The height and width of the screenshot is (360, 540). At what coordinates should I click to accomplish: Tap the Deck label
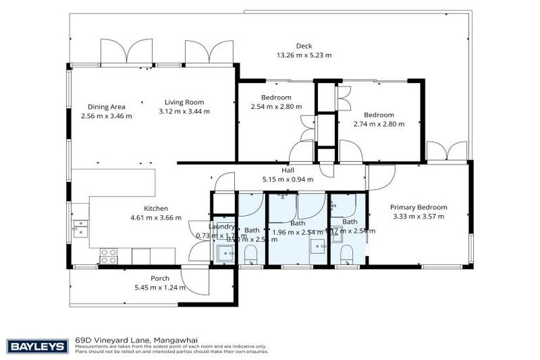(304, 46)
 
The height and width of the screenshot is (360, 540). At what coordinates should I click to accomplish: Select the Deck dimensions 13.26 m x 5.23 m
(304, 55)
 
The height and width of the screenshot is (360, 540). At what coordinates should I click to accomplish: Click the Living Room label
(184, 102)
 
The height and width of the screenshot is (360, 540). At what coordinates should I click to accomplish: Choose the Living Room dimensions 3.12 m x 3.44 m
(184, 111)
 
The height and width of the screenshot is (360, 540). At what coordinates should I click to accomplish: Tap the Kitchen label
(155, 208)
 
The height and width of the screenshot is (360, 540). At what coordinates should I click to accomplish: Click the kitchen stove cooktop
(108, 255)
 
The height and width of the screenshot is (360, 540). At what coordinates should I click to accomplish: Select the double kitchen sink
(81, 227)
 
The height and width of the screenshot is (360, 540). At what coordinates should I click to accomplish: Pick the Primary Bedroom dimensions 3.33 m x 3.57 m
(420, 217)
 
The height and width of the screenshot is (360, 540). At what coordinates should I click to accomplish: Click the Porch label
(160, 278)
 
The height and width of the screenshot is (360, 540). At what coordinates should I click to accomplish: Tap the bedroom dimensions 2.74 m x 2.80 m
(379, 124)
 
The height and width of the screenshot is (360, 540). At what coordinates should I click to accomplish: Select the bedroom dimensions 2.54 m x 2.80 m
(276, 107)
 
